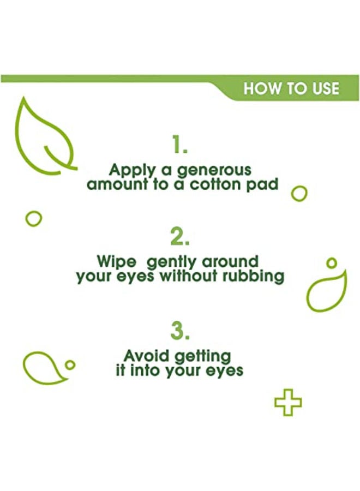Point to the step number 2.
(x=180, y=236)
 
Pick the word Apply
(x=132, y=171)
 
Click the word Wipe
(x=117, y=262)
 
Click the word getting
(x=203, y=357)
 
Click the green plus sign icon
(x=288, y=403)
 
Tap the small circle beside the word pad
(x=299, y=194)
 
